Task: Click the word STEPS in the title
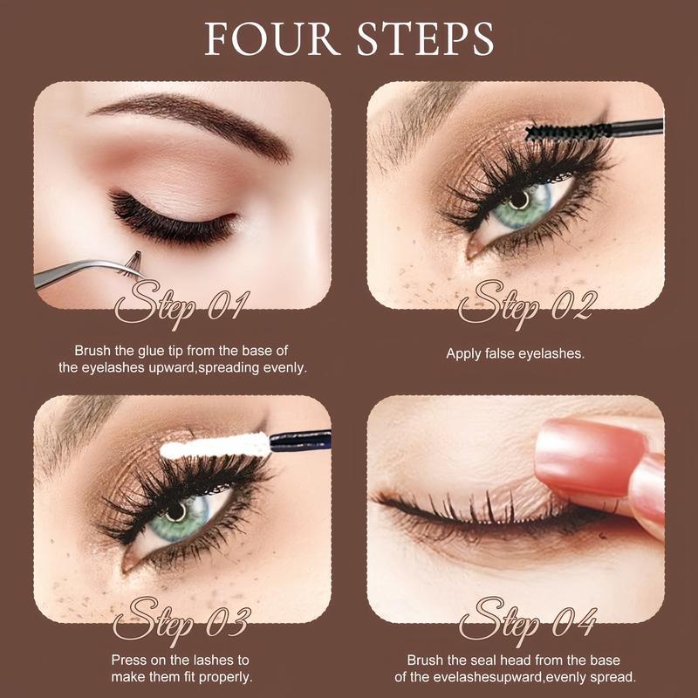pos(420,39)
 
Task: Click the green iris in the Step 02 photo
pos(520,202)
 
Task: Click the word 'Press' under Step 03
pos(131,660)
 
